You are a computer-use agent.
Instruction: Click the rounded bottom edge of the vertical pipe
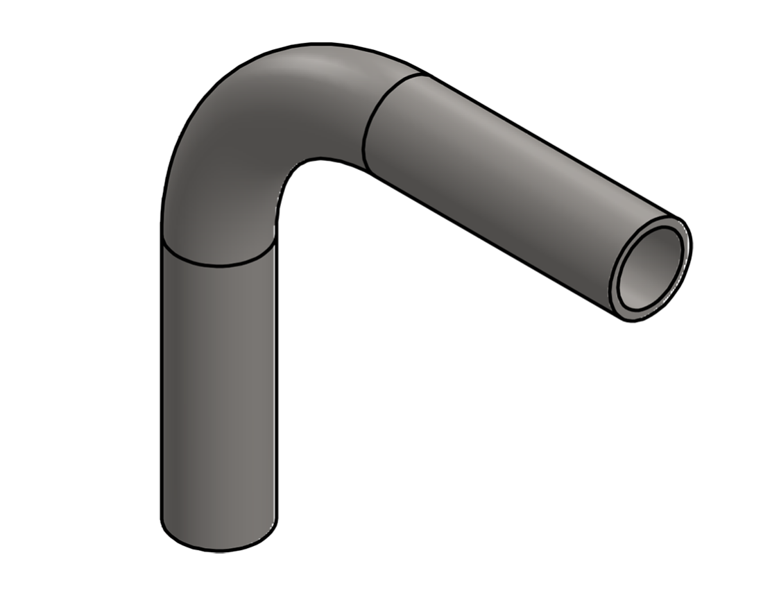coord(218,549)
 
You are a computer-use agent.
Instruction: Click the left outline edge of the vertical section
coord(162,389)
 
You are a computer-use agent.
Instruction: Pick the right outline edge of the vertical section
coord(276,389)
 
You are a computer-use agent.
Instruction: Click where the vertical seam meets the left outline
coord(162,241)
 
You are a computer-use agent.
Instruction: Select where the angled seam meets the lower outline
coord(365,169)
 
